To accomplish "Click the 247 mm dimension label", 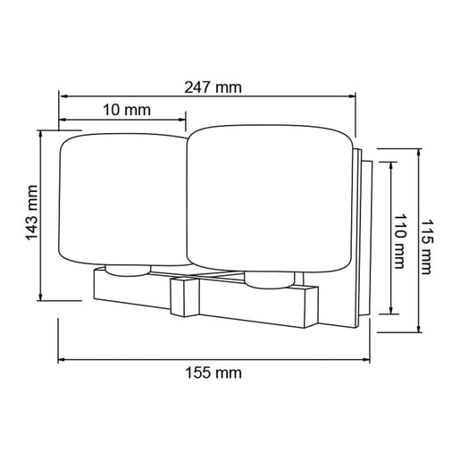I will (x=213, y=87).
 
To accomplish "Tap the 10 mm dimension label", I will (x=125, y=110).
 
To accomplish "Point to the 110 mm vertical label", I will (x=399, y=238).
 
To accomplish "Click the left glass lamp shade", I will (x=122, y=199).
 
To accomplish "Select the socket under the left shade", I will (x=126, y=269).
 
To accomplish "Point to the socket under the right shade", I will (x=268, y=280).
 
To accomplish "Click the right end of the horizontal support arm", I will (x=312, y=306).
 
